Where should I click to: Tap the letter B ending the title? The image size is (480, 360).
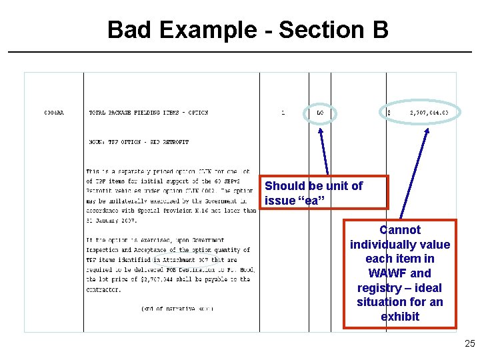377,29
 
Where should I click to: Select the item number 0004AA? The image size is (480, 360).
54,113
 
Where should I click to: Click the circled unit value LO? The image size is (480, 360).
320,113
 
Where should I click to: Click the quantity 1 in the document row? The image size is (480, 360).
283,113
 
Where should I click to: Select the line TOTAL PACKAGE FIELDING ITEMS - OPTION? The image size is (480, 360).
149,113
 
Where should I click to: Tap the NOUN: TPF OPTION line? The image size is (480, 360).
139,142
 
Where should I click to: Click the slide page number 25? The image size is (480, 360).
469,344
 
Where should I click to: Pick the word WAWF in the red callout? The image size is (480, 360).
384,273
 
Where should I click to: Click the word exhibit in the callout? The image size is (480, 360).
400,317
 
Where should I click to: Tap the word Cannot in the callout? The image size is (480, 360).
400,230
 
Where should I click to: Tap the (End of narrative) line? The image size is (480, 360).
169,309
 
